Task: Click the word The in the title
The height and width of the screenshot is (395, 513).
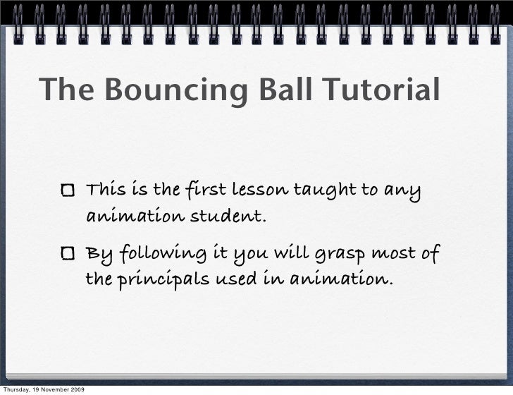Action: point(62,91)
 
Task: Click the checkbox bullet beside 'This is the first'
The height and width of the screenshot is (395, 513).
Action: point(70,191)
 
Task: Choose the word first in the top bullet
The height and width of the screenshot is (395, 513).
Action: point(201,191)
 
